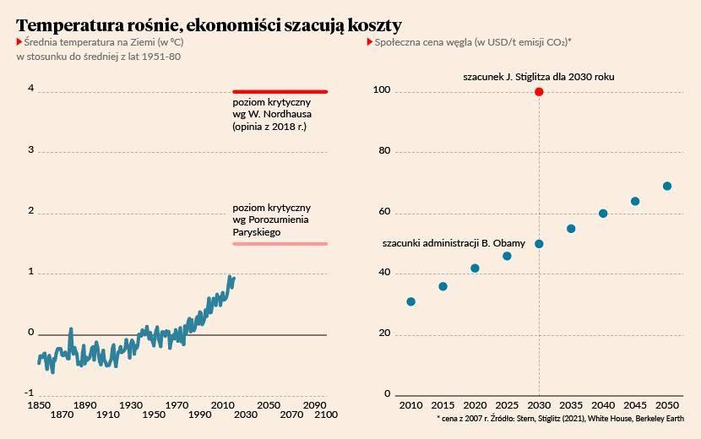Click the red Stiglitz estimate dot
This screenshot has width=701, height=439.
pos(539,92)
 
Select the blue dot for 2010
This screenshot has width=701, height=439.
pos(410,301)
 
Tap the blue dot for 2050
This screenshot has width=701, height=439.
pos(667,186)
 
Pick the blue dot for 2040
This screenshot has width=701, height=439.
pos(603,214)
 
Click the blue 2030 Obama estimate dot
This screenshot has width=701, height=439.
pos(539,244)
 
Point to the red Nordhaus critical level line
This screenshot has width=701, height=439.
pos(280,92)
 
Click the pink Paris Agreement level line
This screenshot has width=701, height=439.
pos(280,244)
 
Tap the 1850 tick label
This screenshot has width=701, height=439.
pos(39,405)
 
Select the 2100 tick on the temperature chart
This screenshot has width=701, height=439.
pos(326,415)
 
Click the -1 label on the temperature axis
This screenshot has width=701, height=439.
pos(29,393)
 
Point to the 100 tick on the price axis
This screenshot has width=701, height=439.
pos(382,89)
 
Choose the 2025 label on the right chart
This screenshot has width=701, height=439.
pos(507,405)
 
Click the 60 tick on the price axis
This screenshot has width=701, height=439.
pos(384,211)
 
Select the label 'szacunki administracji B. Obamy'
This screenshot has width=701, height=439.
pos(454,243)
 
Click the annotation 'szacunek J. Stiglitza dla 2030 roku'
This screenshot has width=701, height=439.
pos(539,77)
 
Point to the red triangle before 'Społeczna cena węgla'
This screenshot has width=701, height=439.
pos(369,42)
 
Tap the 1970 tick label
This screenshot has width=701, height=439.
pos(177,405)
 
